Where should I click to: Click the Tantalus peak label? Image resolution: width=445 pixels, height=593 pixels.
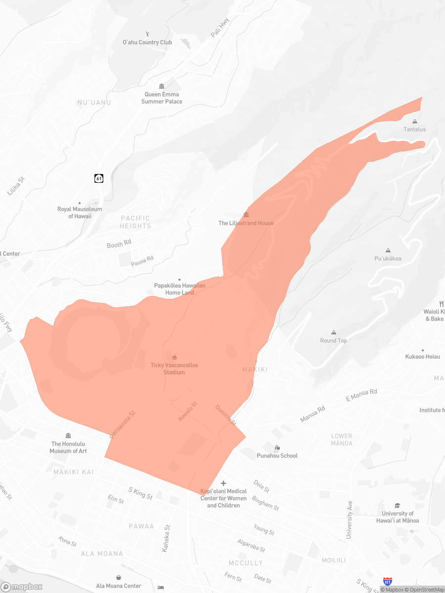point(414,129)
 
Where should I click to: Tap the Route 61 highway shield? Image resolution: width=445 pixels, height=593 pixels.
point(99,178)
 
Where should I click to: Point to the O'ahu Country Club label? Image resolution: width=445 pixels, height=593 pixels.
point(147,42)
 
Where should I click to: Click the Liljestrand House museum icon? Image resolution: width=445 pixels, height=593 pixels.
point(246,214)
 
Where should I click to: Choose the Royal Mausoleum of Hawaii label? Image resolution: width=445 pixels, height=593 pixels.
point(80,212)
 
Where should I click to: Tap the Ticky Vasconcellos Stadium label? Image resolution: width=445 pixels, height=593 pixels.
point(174,369)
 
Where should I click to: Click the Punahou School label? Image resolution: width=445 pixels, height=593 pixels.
point(277,456)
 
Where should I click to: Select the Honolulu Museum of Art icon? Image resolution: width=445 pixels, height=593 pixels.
point(68,435)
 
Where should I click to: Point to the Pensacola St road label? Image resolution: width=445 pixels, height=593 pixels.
point(123,424)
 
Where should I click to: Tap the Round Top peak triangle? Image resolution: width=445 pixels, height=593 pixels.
point(334,332)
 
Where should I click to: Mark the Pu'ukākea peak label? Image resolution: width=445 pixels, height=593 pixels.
point(388,258)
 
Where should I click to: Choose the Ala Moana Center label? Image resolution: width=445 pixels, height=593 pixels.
point(119,586)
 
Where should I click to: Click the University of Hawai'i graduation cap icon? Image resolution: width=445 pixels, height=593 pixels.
point(398,505)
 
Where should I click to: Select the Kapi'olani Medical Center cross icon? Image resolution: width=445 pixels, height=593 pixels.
point(223,483)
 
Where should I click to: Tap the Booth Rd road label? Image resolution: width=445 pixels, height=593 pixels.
point(119,244)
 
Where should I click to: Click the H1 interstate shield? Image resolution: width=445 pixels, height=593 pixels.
point(388,582)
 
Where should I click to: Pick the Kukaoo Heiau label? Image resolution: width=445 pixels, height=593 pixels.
point(422,356)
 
